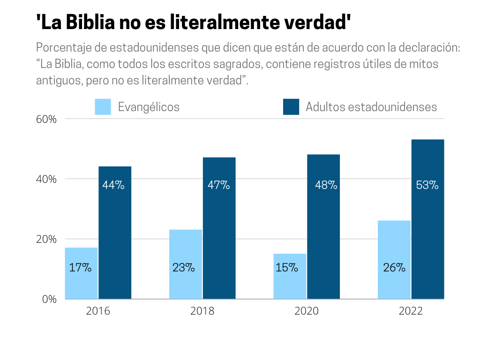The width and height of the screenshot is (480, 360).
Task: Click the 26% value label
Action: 394,268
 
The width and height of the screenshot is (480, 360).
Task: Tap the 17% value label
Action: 80,268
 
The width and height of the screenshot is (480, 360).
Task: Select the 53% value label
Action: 427,185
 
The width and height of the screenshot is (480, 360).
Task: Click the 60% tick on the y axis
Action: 46,119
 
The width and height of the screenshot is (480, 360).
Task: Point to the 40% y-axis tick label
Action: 46,179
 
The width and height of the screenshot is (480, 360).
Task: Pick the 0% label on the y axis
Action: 49,299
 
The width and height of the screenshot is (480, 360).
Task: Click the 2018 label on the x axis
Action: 202,311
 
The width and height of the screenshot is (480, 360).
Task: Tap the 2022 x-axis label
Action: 411,311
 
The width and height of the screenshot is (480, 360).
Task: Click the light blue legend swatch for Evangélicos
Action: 103,107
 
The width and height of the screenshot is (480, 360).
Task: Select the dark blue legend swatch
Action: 291,107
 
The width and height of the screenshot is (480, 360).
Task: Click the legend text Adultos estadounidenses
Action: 371,107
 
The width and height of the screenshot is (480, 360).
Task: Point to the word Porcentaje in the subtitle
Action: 60,48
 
